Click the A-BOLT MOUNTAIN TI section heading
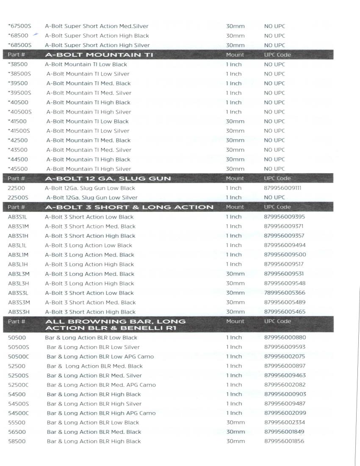tap(99, 55)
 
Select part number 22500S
tap(18, 197)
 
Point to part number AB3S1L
tap(17, 217)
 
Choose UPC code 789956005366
tap(284, 293)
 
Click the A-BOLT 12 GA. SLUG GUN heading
tap(108, 178)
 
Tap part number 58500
tap(17, 441)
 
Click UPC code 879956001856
tap(284, 441)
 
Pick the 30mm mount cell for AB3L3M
tap(235, 274)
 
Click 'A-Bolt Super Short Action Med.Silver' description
tap(97, 26)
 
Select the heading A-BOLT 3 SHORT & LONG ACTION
tap(129, 207)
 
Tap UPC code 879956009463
tap(285, 375)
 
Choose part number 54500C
tap(18, 413)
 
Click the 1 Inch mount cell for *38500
tap(233, 64)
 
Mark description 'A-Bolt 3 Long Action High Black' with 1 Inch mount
tap(89, 264)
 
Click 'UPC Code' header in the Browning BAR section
tap(277, 321)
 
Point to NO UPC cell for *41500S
tap(274, 131)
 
